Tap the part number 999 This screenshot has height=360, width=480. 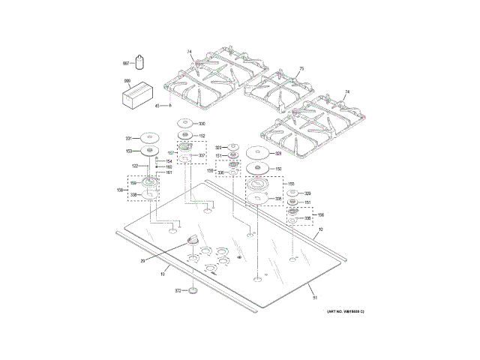(x=127, y=81)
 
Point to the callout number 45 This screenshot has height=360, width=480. (x=157, y=106)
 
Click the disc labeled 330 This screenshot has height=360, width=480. (x=185, y=124)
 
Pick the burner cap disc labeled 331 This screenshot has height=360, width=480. (x=152, y=138)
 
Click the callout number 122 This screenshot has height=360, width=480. (x=136, y=166)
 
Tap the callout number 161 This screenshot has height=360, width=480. (x=169, y=173)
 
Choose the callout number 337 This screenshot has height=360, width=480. (x=202, y=156)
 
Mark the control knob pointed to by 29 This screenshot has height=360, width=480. (x=191, y=239)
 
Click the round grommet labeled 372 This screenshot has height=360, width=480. (x=193, y=290)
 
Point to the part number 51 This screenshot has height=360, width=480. (x=315, y=298)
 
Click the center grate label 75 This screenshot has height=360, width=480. (x=301, y=69)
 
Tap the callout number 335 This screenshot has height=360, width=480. (x=278, y=199)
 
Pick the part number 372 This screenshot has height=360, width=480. (x=178, y=290)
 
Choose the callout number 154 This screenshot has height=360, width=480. (x=169, y=160)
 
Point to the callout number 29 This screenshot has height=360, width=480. (x=142, y=261)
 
